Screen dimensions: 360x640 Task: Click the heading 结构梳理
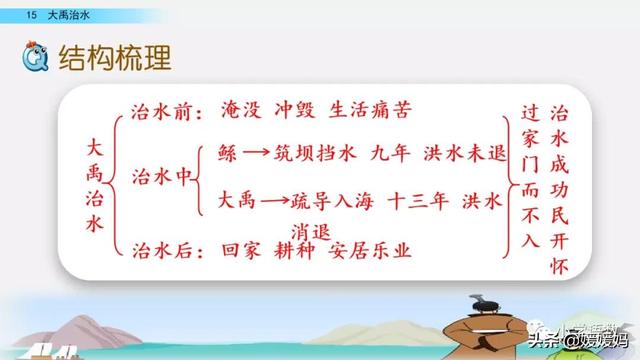(x=116, y=57)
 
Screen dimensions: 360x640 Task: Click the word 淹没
(x=238, y=109)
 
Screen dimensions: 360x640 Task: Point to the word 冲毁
(x=297, y=109)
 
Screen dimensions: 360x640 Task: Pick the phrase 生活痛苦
(x=373, y=109)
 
